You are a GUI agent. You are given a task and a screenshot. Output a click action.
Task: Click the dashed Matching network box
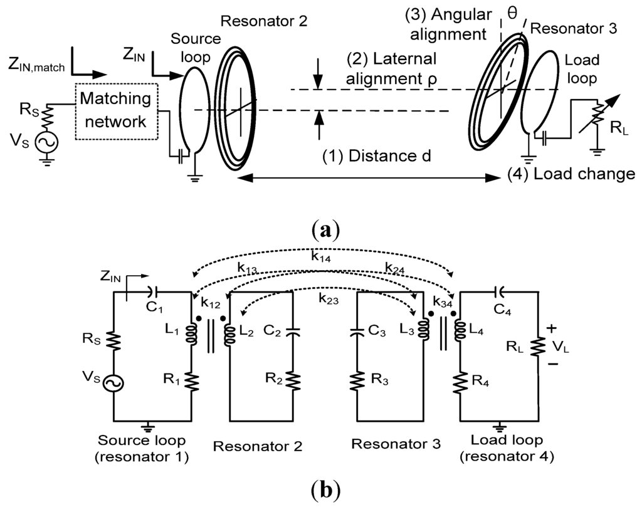(x=115, y=107)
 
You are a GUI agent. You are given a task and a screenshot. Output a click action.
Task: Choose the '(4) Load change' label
(x=571, y=174)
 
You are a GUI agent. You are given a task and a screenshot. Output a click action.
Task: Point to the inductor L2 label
(x=245, y=332)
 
